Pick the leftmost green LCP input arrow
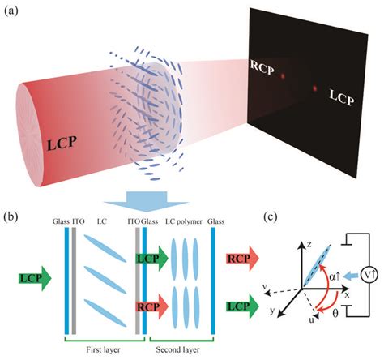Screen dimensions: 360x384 [33, 281]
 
